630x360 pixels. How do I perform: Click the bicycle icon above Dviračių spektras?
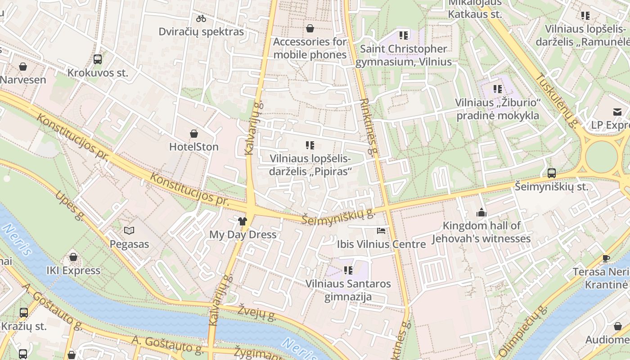pos(201,18)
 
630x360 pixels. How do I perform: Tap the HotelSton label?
pos(193,147)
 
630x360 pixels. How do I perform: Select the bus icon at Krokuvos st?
pos(98,59)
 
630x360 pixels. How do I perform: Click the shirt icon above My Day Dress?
pos(243,221)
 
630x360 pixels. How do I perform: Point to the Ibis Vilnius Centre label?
pos(381,244)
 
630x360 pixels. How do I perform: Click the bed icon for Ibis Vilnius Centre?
pos(381,231)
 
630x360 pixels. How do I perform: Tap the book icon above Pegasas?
pos(129,231)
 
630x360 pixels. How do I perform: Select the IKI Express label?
pos(73,270)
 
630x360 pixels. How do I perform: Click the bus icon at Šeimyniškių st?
pos(551,173)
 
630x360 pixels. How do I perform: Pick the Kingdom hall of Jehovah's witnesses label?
pos(481,232)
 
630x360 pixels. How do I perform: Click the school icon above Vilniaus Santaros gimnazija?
pos(348,270)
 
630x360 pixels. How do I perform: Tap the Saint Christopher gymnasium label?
pos(404,55)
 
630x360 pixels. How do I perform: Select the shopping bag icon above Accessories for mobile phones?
pos(310,28)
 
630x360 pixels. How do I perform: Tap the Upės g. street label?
pos(70,206)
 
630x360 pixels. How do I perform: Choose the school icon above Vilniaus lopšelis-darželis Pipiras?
pos(310,145)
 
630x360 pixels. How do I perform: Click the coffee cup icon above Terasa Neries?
pos(606,258)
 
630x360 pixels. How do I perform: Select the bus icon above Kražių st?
pos(23,312)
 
